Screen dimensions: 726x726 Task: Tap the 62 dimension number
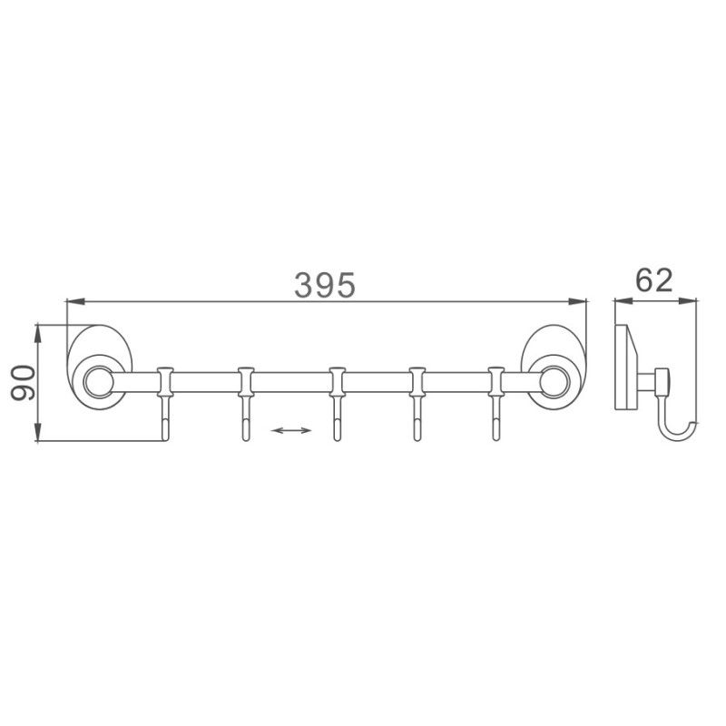point(653,280)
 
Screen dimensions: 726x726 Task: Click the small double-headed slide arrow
point(289,431)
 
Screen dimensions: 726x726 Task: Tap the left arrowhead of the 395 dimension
point(74,302)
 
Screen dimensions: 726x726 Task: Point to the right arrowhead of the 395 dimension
point(581,302)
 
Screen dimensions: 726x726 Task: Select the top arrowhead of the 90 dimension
point(38,329)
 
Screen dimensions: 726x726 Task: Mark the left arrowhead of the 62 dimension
point(619,302)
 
